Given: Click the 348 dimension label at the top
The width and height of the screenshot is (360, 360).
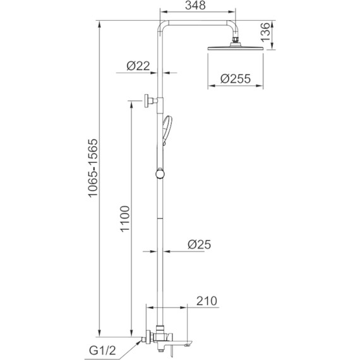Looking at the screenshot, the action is pyautogui.click(x=195, y=6).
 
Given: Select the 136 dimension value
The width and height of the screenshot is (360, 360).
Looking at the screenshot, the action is pyautogui.click(x=265, y=32).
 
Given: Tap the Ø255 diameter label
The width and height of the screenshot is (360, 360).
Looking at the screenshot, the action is pyautogui.click(x=236, y=79).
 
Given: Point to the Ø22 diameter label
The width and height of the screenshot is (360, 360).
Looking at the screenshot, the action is pyautogui.click(x=138, y=66).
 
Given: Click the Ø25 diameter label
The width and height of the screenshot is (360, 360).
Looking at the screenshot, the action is pyautogui.click(x=199, y=244).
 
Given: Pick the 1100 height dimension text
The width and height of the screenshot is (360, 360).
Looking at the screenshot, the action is pyautogui.click(x=125, y=219).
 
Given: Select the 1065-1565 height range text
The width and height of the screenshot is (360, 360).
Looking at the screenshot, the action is pyautogui.click(x=93, y=168).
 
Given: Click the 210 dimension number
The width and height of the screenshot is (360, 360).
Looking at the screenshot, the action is pyautogui.click(x=207, y=301).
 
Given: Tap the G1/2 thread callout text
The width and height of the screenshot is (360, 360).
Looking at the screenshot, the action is pyautogui.click(x=102, y=351).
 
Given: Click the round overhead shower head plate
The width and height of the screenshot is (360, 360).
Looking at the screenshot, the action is pyautogui.click(x=236, y=48).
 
